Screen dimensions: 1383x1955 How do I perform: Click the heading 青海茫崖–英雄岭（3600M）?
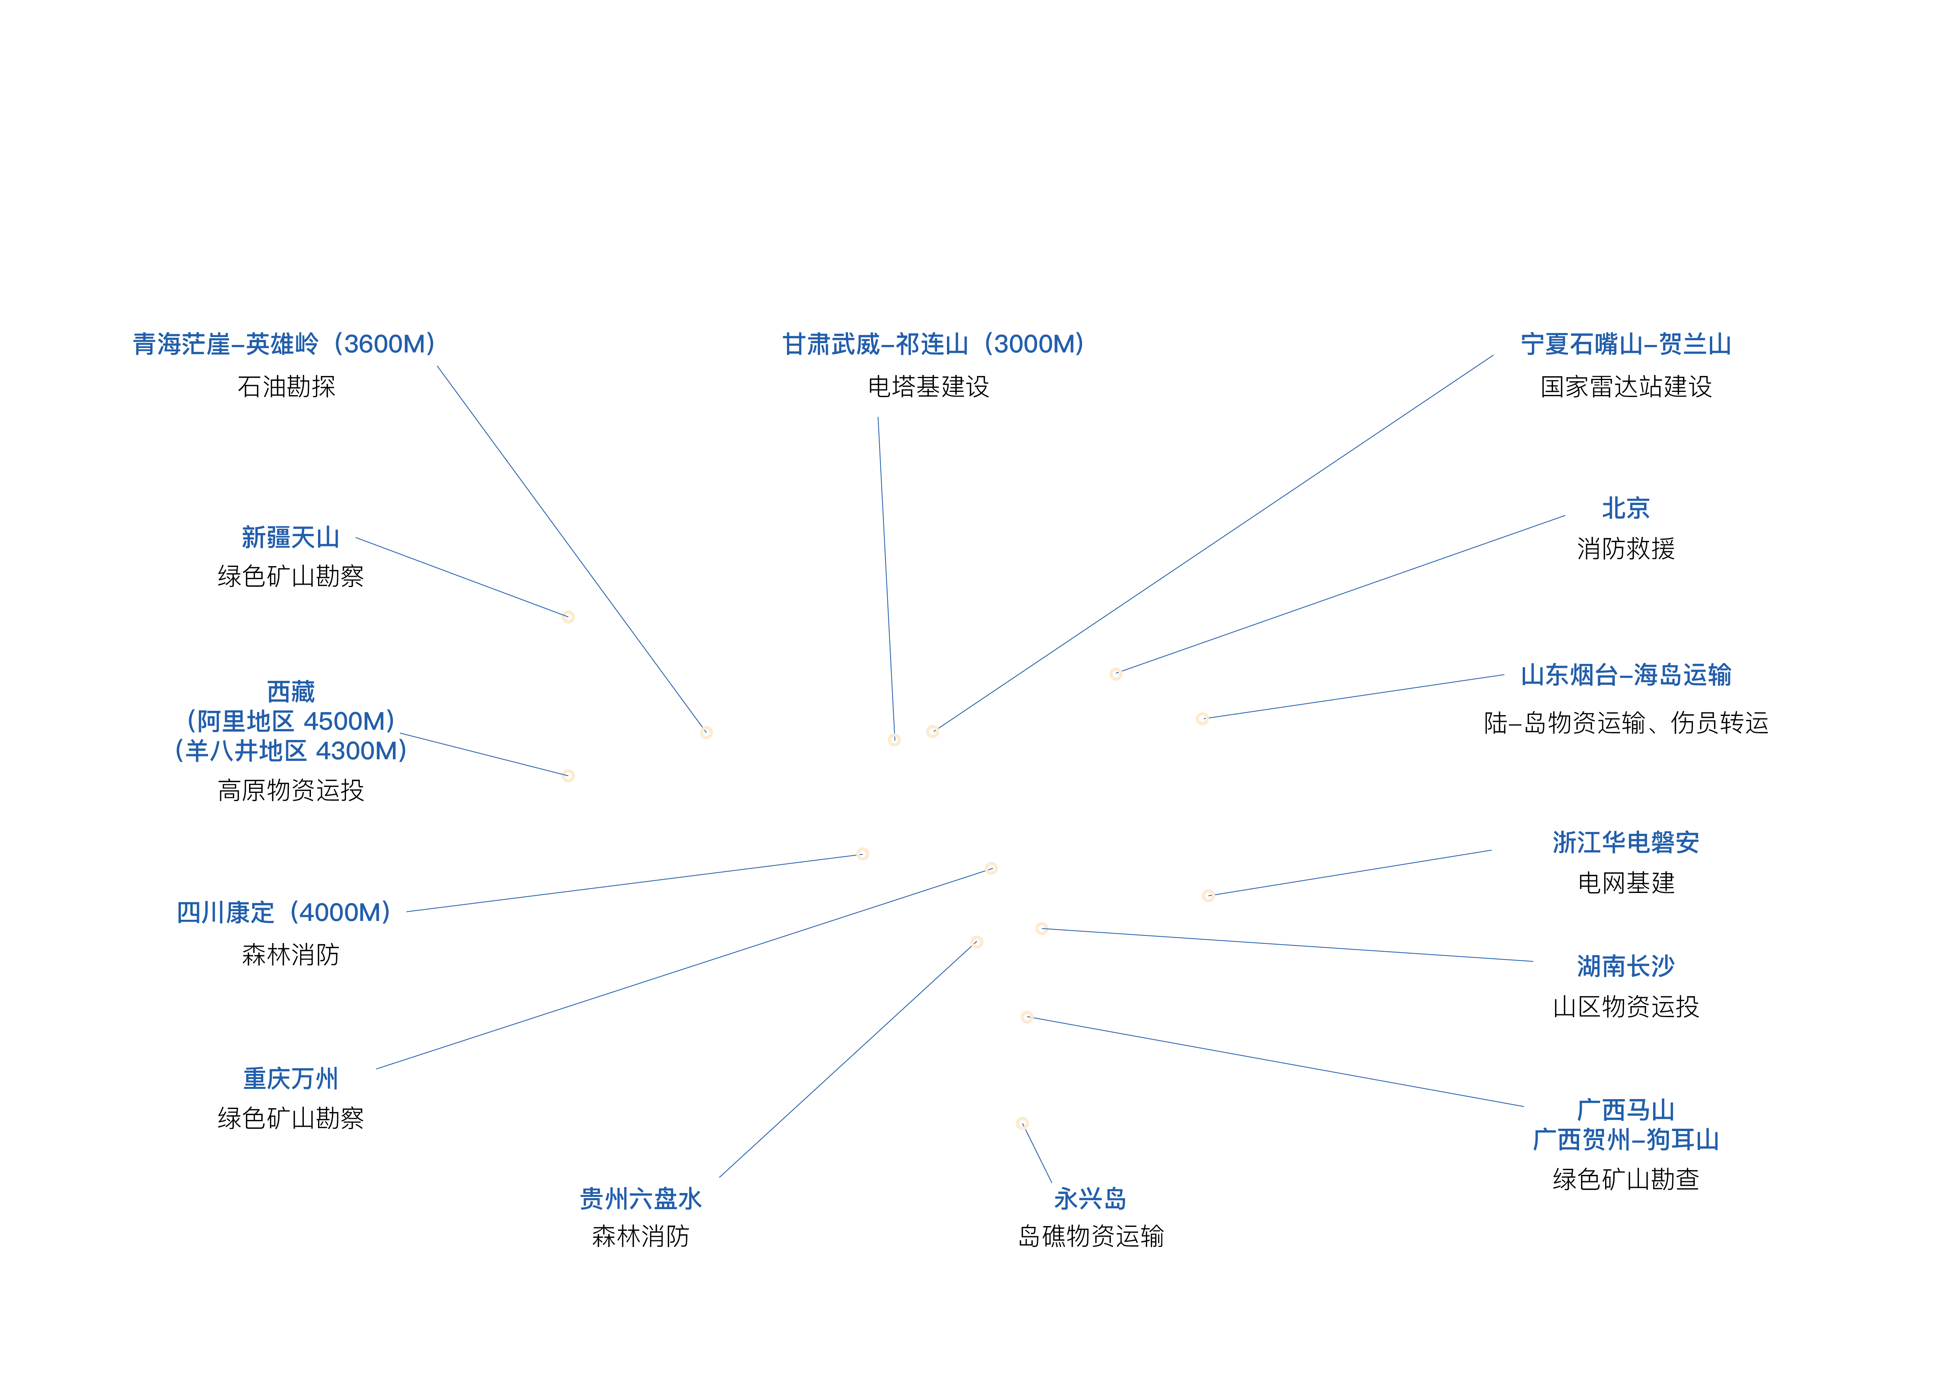285,344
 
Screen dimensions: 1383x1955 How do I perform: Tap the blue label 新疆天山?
290,537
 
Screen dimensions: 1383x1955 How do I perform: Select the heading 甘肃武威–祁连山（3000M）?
933,344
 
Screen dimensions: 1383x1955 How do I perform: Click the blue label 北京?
1626,509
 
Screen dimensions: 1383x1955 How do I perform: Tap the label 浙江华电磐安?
1626,842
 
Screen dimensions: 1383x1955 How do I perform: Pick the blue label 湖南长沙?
1626,966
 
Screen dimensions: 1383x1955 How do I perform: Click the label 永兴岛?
1090,1199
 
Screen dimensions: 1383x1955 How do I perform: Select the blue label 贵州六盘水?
640,1199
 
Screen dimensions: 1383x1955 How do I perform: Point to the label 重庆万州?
290,1079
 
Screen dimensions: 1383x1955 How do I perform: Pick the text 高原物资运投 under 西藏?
290,790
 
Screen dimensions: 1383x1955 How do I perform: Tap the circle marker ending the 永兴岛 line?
1023,1123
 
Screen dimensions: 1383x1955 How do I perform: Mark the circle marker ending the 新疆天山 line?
568,617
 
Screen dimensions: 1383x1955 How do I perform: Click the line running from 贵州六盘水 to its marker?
847,1060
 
